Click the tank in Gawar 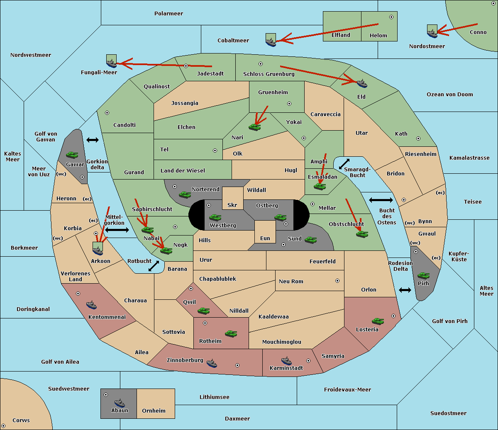pos(72,155)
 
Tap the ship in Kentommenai pos(92,305)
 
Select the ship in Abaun pos(120,403)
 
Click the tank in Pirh pos(424,276)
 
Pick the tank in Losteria pos(378,321)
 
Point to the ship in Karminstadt pos(286,361)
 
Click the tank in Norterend pos(185,195)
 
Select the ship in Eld pos(362,83)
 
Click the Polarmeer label pos(168,14)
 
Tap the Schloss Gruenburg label pos(269,74)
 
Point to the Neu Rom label pos(291,281)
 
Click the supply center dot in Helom pos(391,17)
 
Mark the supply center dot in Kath pos(418,138)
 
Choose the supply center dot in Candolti pos(107,113)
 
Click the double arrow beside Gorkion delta pos(93,140)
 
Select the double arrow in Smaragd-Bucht pos(344,164)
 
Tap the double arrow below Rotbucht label pos(154,266)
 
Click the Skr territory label pos(232,205)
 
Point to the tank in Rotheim pos(231,334)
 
